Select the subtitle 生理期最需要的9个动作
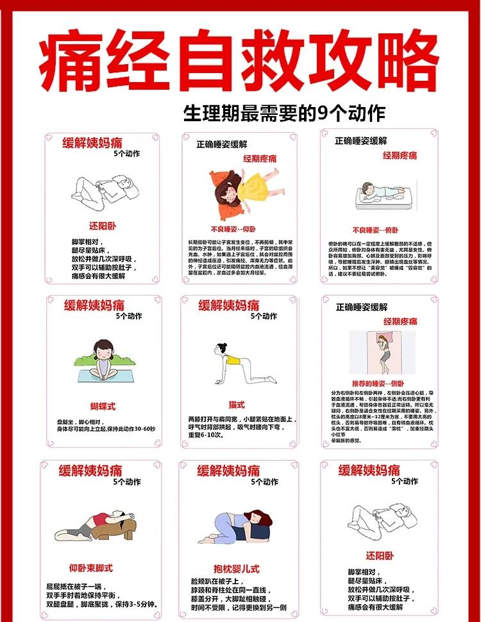[284, 113]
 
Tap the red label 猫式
[237, 405]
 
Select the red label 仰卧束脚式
[91, 567]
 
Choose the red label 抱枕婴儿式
[237, 569]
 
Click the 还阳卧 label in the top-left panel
[103, 226]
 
